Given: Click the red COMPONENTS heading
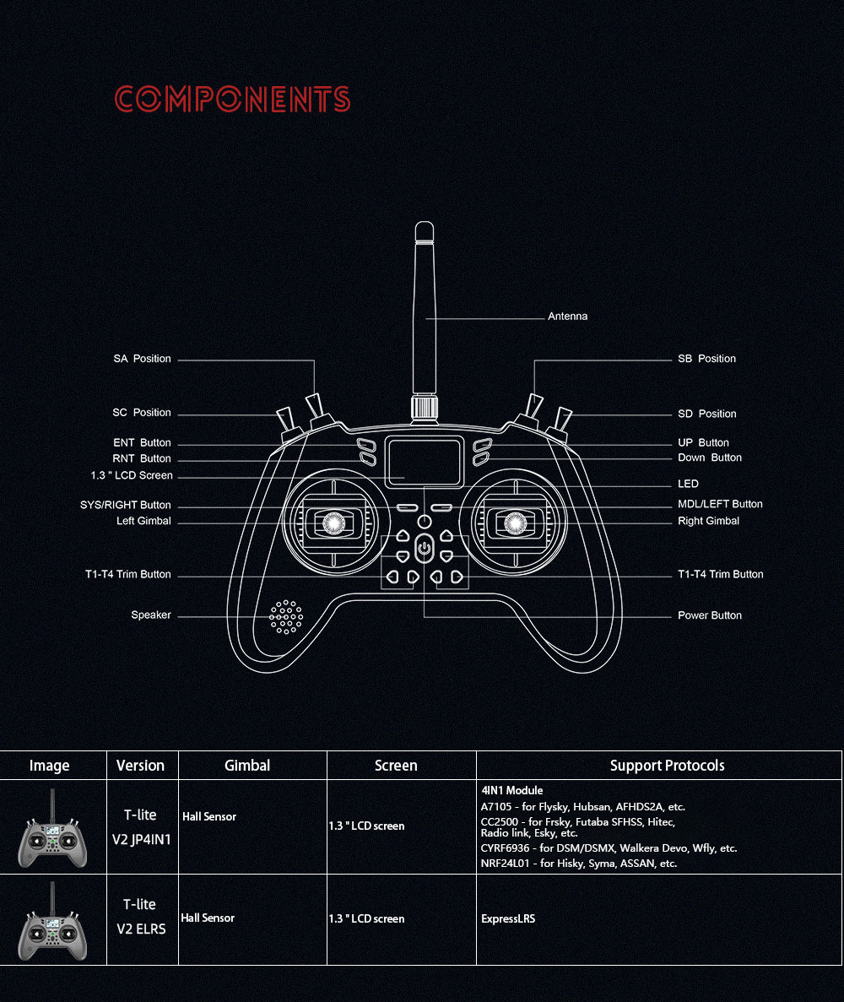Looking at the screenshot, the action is point(233,99).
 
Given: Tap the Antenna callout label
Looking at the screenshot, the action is point(567,317).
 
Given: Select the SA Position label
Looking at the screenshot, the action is point(142,359).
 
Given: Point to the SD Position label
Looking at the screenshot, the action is point(706,414).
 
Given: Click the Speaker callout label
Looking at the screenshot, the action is point(151,615).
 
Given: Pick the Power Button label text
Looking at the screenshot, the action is point(709,615).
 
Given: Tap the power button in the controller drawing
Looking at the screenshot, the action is point(425,549).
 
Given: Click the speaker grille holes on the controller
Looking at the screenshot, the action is point(285,617).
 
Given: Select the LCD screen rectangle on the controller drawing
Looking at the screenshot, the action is point(424,462).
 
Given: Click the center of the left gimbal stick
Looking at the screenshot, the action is point(333,523).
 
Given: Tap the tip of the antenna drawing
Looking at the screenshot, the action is point(425,222).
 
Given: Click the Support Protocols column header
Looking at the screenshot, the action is point(667,766).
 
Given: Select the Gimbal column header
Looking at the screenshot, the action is point(247,766).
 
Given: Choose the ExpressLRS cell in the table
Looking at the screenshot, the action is point(508,919).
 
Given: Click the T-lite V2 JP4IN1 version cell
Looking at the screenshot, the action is point(141,827).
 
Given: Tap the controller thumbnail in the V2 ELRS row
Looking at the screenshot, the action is point(52,922).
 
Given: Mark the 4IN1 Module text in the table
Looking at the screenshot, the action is point(511,790).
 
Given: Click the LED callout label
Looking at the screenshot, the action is point(688,484).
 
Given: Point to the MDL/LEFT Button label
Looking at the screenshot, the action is point(720,504).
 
